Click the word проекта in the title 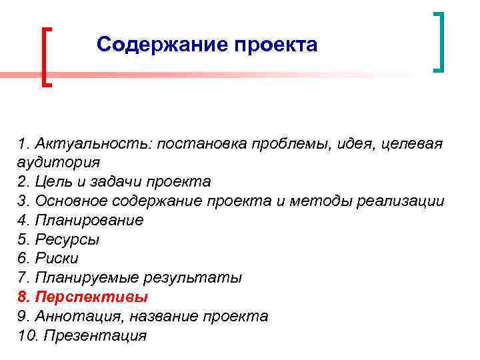pos(277,46)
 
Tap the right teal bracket pos(438,41)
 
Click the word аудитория pos(59,163)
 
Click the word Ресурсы pos(65,239)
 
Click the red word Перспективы pos(91,297)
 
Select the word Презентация pos(95,335)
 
